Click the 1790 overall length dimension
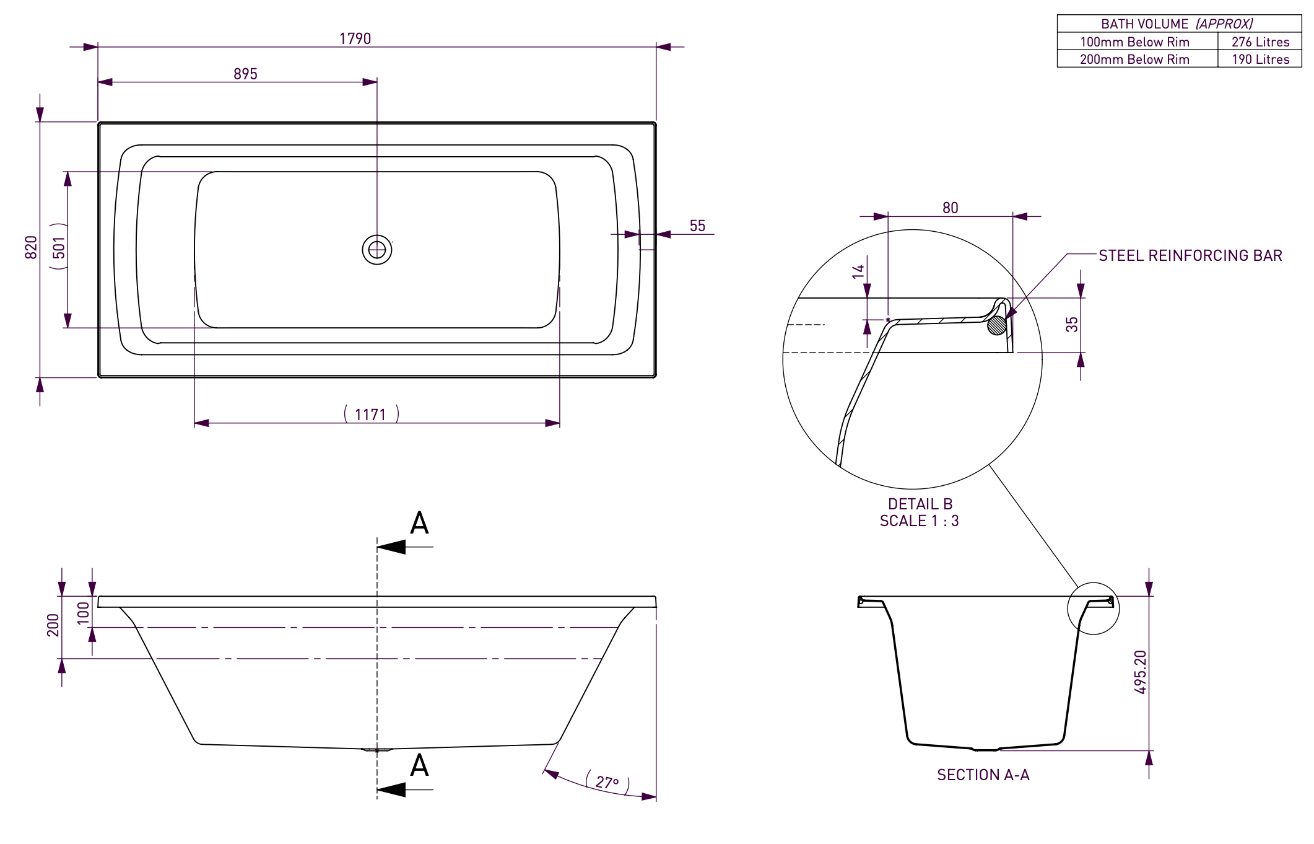tap(355, 38)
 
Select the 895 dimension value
tap(245, 74)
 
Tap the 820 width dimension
tap(31, 247)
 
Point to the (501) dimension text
tap(59, 246)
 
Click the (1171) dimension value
tap(371, 414)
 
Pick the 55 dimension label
tap(697, 226)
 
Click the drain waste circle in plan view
tap(377, 250)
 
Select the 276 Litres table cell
tap(1260, 42)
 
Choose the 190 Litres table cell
tap(1260, 59)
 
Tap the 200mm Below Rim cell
tap(1134, 59)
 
